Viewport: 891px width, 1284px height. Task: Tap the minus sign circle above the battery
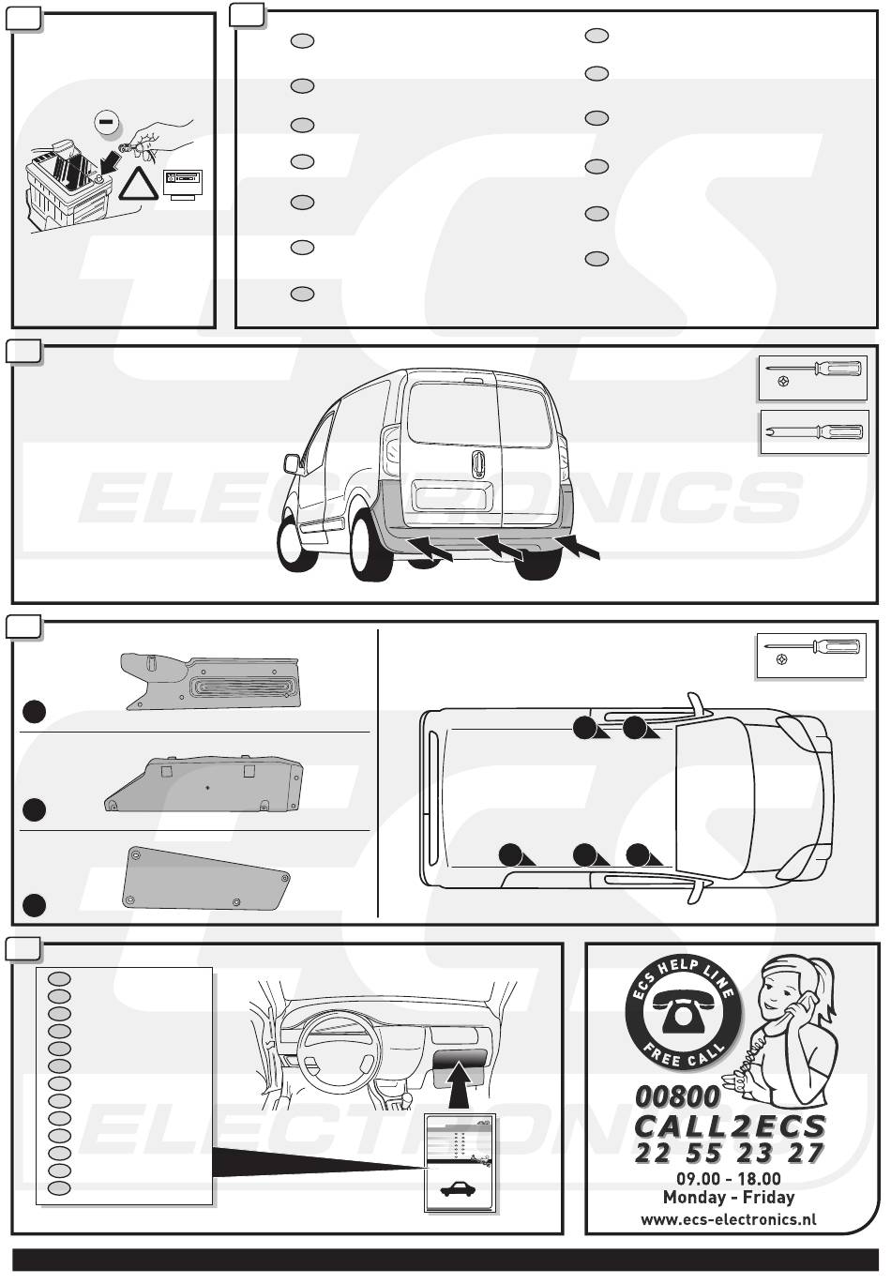(x=108, y=121)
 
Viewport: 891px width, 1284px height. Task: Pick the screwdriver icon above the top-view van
(x=811, y=655)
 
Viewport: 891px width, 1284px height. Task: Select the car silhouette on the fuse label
(x=458, y=1190)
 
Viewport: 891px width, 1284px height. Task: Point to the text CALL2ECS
(x=730, y=1126)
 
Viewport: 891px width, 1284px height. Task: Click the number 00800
(x=677, y=1095)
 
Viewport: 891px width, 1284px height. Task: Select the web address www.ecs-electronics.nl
(x=728, y=1219)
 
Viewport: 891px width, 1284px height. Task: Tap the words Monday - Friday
(x=728, y=1197)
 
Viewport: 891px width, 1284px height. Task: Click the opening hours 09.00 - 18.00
(x=728, y=1178)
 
